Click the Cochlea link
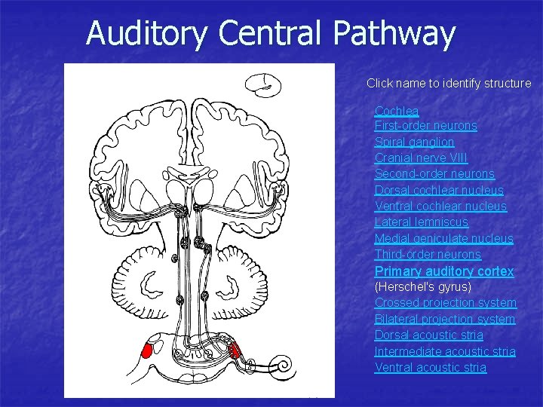coord(397,111)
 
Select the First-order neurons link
coord(425,126)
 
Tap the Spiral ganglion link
coord(414,142)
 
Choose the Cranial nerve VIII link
coord(421,158)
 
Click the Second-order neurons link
coord(434,174)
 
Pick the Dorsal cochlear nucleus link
coord(439,190)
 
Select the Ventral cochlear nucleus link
coord(440,206)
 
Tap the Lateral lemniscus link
coord(421,222)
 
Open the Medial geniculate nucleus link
coord(443,238)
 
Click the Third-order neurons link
coord(428,255)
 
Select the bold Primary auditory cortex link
coord(444,271)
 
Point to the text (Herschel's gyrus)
coord(422,287)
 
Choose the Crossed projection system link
coord(445,303)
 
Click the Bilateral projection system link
coord(445,319)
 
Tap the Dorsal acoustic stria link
coord(428,335)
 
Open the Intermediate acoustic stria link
coord(445,351)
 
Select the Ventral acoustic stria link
coord(430,367)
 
